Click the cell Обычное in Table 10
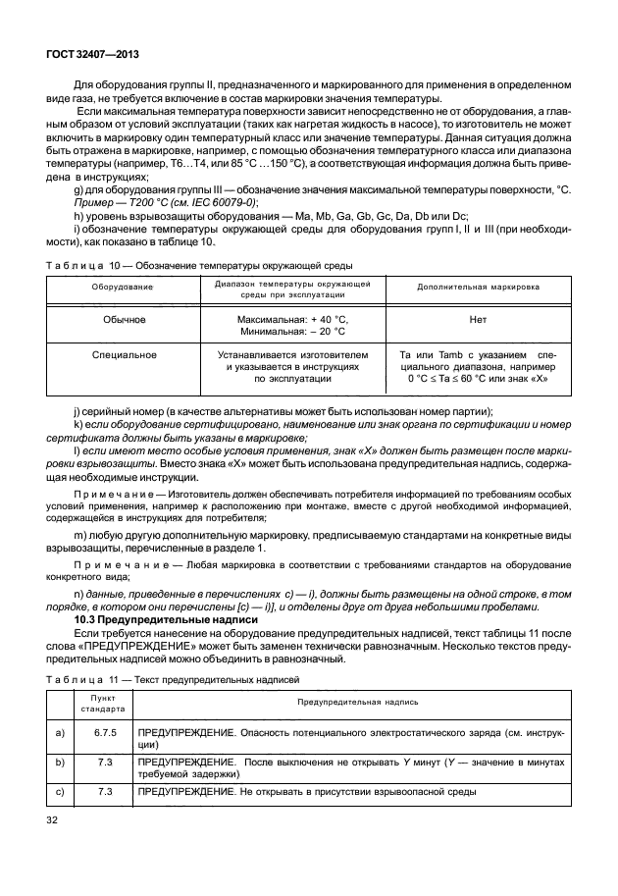pos(123,319)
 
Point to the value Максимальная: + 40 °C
pos(292,319)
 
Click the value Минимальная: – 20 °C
pos(292,332)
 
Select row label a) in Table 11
pos(61,732)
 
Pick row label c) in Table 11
pos(61,791)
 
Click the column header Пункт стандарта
pos(103,703)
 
